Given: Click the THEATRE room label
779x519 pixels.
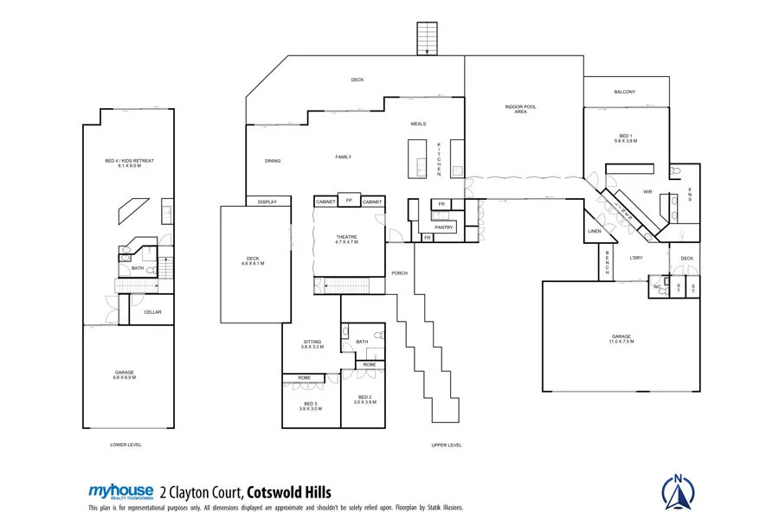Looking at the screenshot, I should [x=347, y=239].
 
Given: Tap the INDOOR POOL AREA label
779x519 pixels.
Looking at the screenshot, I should [x=521, y=109].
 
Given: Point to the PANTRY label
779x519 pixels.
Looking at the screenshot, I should [x=444, y=227].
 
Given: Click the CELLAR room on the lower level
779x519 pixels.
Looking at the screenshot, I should [x=152, y=312].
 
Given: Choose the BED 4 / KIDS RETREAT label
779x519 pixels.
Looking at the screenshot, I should [x=129, y=163].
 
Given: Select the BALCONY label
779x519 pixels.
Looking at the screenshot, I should [x=625, y=92].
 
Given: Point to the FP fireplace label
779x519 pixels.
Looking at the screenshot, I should [x=349, y=200].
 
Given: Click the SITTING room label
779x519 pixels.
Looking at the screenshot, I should [x=312, y=343].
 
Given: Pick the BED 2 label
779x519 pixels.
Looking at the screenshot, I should [x=364, y=399].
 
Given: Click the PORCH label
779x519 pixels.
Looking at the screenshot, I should [x=399, y=273].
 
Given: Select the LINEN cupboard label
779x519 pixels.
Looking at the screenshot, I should [x=594, y=232].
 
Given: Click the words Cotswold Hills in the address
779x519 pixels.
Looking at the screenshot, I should [x=289, y=491].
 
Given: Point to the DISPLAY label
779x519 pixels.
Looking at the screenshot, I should [x=267, y=202].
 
